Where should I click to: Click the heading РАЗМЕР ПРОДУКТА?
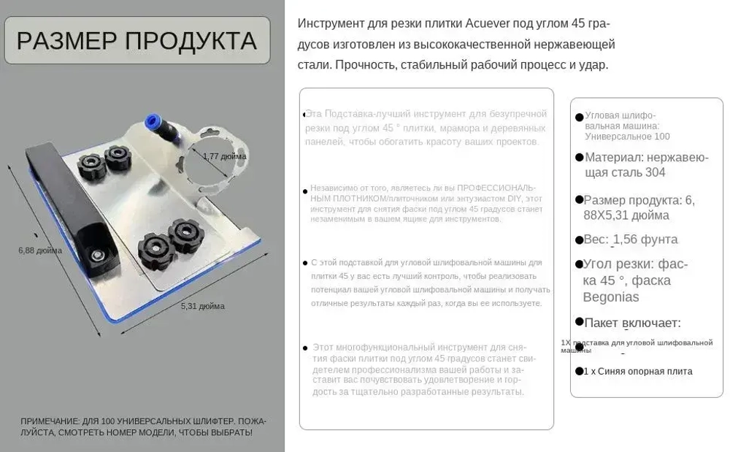pos(137,41)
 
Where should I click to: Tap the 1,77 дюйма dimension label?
pos(224,156)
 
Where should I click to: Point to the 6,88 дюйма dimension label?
pos(40,250)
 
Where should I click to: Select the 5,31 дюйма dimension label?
pos(202,306)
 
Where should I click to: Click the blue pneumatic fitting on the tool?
pos(155,123)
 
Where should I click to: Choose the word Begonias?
pos(611,297)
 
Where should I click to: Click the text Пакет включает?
pos(633,323)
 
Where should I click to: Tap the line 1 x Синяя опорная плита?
pos(638,371)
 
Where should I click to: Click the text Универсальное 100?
pos(627,137)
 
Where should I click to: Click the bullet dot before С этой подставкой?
pos(305,263)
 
